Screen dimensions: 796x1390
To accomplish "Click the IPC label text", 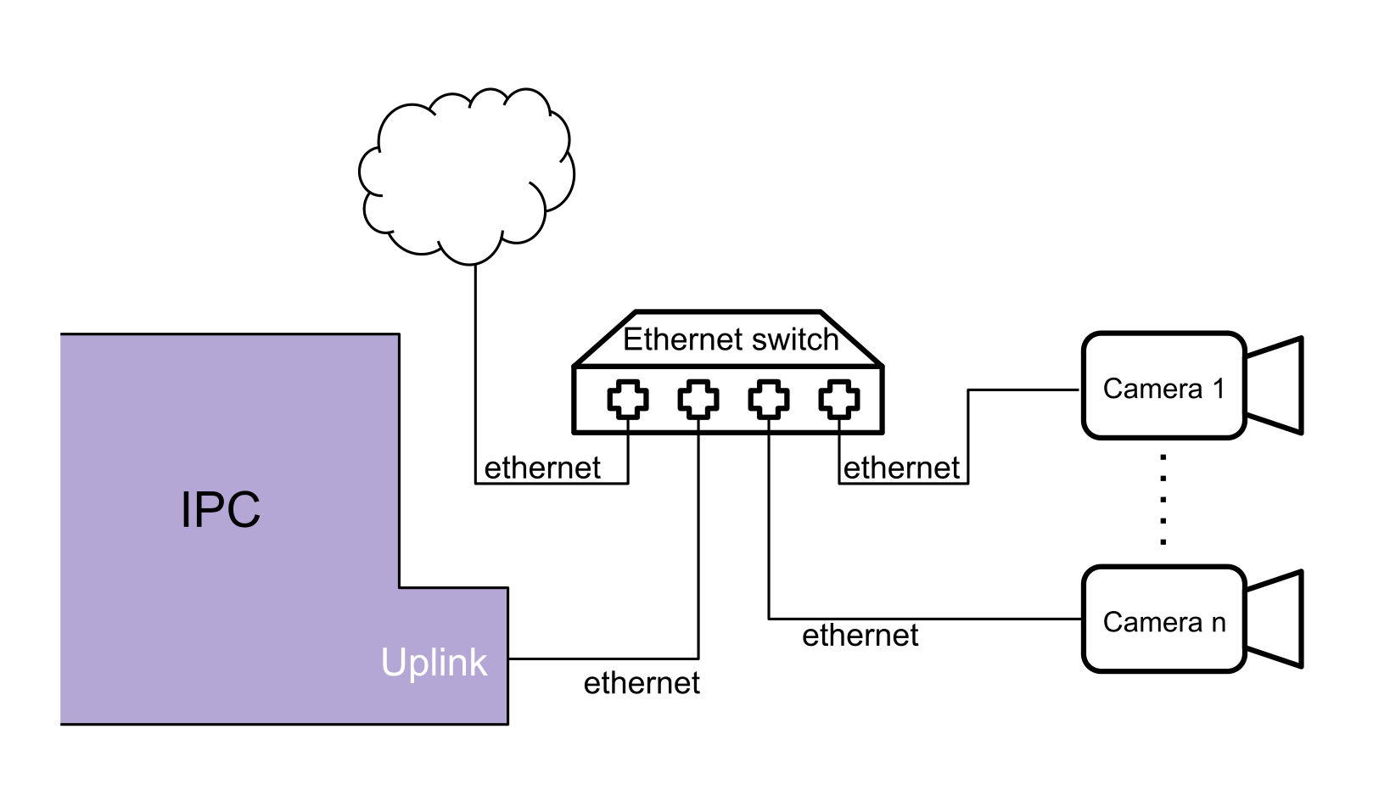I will coord(221,510).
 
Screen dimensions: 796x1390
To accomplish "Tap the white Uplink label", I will coord(434,663).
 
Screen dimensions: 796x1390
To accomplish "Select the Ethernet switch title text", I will coord(730,339).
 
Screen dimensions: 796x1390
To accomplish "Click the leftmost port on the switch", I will coord(628,400).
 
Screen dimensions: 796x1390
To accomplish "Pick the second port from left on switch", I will coord(698,400).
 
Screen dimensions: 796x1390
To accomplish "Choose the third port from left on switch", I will coord(769,400).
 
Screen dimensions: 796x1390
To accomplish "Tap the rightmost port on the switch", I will coord(839,400).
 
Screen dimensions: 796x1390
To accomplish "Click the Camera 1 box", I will coord(1163,387).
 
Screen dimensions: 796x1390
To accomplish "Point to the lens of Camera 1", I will coord(1275,386).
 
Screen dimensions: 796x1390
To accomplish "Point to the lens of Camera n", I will coord(1275,619).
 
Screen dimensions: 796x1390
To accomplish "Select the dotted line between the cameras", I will coord(1163,499).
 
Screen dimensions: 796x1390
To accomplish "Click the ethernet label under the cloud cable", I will coord(542,468).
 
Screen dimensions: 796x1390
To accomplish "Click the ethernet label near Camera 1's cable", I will coord(901,468).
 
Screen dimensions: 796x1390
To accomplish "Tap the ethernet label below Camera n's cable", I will coord(860,636).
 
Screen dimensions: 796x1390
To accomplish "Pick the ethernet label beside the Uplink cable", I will coord(642,683).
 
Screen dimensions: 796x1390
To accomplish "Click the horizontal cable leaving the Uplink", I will coord(603,658).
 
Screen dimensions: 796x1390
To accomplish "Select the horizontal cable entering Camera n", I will coord(925,618).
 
